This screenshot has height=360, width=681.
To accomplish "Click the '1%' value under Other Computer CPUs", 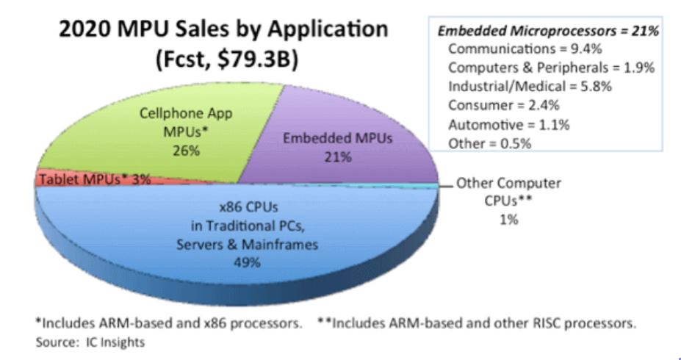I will [x=508, y=220].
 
